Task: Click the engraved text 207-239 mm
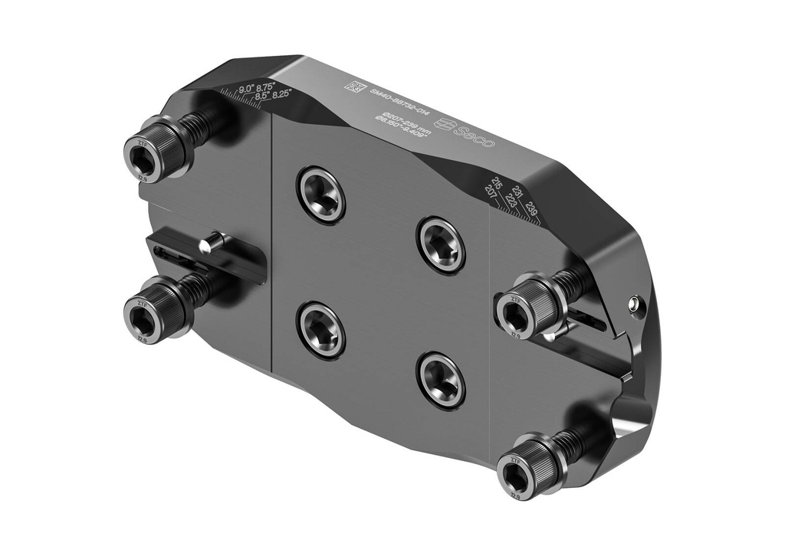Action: click(402, 123)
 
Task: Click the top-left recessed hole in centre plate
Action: click(320, 195)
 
